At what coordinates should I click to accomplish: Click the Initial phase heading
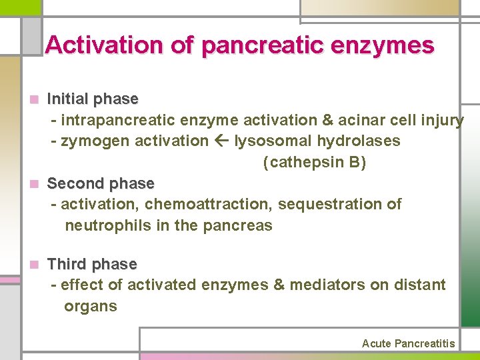(93, 99)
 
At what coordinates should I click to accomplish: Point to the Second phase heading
(101, 183)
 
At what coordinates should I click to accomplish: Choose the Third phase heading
(92, 265)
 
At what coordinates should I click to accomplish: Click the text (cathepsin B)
(315, 163)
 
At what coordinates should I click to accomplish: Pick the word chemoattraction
(208, 204)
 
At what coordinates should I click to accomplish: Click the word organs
(91, 307)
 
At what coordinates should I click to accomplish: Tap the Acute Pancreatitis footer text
(408, 344)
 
